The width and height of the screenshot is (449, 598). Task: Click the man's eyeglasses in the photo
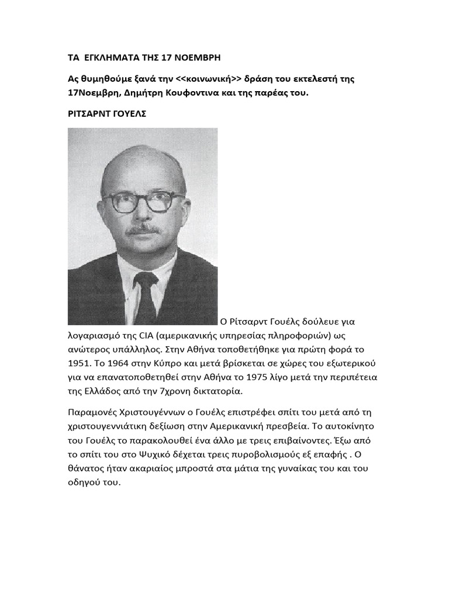pyautogui.click(x=144, y=202)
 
